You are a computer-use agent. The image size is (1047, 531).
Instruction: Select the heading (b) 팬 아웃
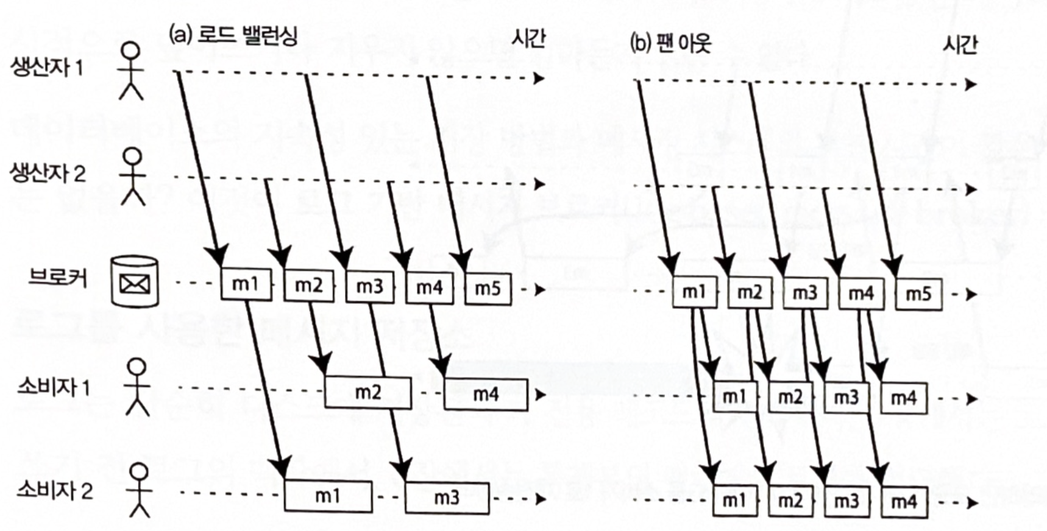[670, 43]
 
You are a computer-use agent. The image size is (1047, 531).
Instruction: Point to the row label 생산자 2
[48, 174]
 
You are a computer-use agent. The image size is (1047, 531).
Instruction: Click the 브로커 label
[58, 278]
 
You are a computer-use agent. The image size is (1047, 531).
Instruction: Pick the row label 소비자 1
[54, 387]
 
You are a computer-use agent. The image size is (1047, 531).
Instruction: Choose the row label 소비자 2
[55, 490]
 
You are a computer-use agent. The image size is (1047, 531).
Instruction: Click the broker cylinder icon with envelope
[135, 281]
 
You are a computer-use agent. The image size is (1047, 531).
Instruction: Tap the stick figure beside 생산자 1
[130, 71]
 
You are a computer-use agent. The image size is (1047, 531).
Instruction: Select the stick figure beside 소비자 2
[140, 490]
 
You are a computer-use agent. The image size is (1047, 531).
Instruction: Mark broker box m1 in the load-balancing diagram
[246, 284]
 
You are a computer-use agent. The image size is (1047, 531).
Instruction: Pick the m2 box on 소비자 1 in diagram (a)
[367, 392]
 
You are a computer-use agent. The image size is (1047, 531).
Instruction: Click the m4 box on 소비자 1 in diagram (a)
[486, 394]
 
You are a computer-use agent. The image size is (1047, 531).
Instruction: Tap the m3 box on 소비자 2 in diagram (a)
[447, 498]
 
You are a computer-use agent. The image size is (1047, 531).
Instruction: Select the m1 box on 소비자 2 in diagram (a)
[328, 496]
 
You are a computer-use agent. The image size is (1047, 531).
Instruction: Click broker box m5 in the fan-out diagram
[918, 294]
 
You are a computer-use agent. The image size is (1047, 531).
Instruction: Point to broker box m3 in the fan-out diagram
[804, 293]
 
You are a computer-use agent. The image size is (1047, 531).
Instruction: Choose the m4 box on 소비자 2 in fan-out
[904, 502]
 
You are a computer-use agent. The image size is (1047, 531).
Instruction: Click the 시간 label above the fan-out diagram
[959, 44]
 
